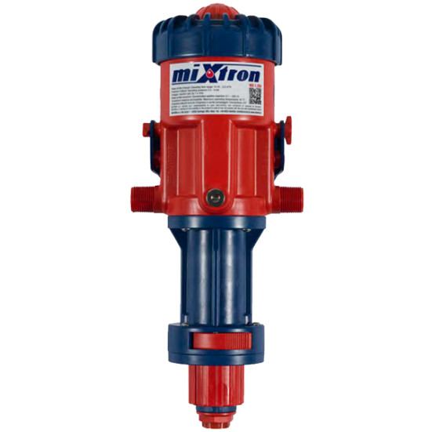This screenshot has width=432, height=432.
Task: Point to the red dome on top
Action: click(215, 12)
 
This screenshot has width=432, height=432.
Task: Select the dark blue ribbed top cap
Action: click(216, 34)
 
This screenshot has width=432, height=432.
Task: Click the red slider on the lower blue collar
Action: click(215, 342)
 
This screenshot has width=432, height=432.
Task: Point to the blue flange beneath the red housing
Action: click(216, 228)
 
